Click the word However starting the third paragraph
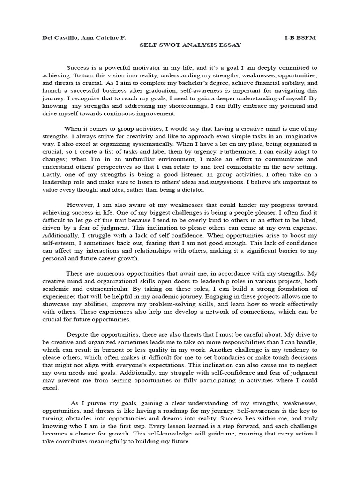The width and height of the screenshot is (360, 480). [81, 205]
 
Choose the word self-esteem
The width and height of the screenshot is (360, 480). [58, 243]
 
